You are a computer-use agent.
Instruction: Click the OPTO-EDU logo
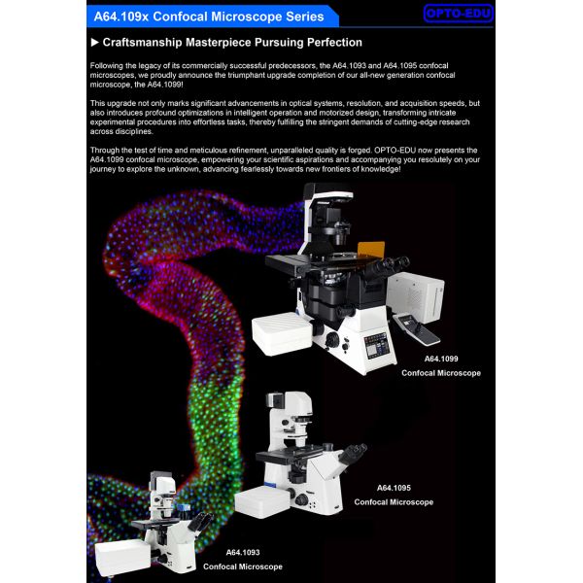(x=459, y=14)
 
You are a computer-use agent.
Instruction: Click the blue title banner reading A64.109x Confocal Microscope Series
(x=212, y=17)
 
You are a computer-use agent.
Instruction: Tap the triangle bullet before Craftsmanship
(x=95, y=43)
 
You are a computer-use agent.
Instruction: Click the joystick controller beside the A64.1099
(x=417, y=328)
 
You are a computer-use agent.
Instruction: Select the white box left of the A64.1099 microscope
(x=282, y=332)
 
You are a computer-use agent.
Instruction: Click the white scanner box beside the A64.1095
(x=262, y=501)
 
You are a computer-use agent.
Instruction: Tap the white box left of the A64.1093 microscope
(x=123, y=556)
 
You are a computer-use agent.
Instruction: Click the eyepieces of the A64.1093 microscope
(x=201, y=521)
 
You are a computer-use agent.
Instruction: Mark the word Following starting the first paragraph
(x=106, y=66)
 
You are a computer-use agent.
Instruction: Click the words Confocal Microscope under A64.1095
(x=394, y=502)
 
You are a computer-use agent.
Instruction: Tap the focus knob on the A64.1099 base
(x=331, y=340)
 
